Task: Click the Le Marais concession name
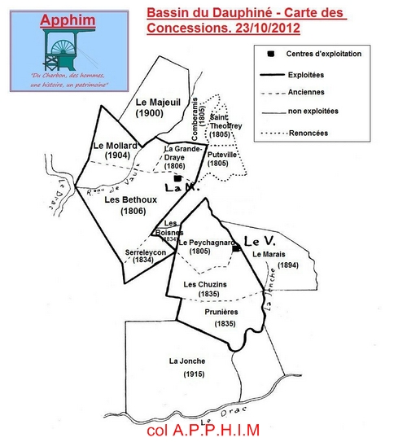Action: [x=269, y=254]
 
